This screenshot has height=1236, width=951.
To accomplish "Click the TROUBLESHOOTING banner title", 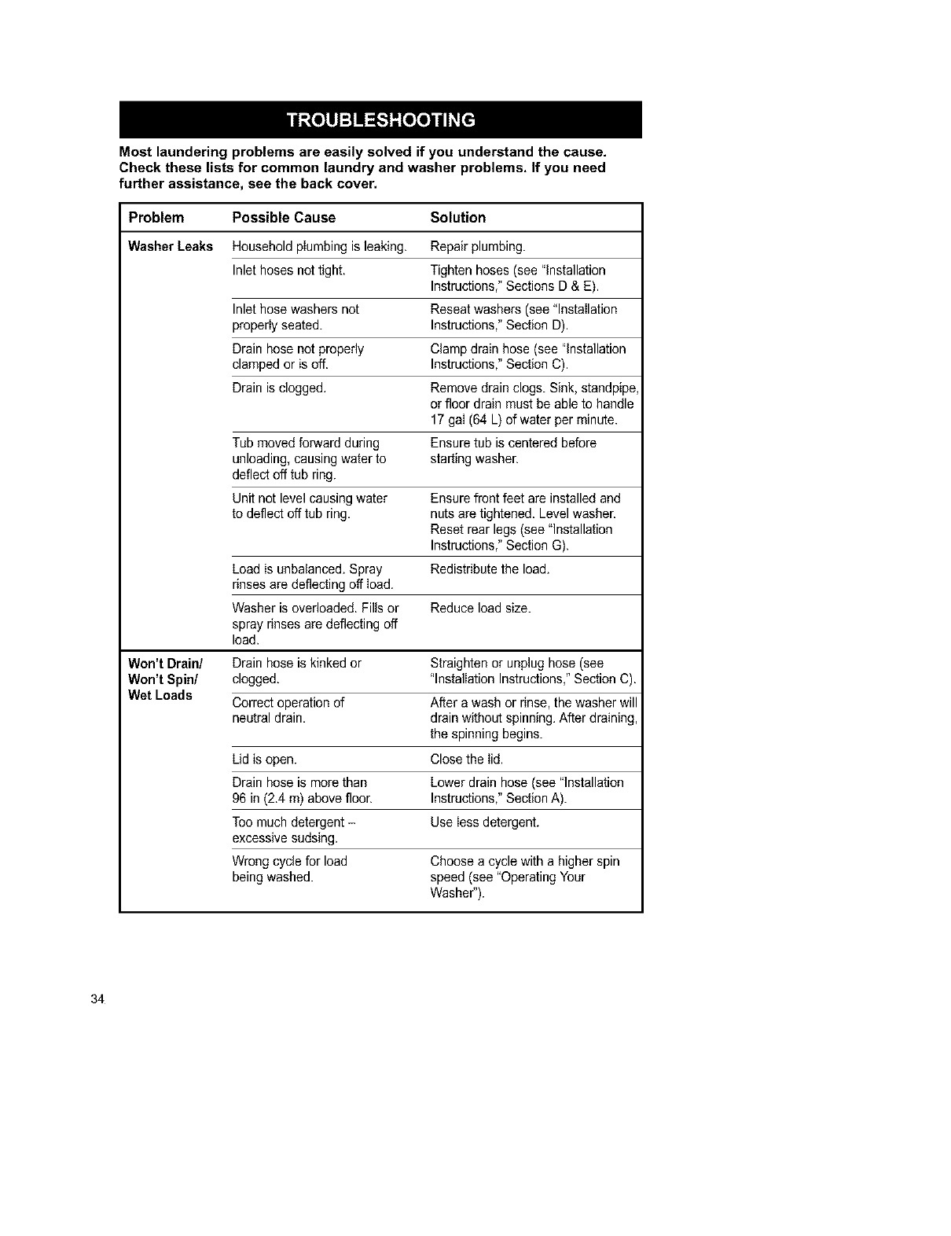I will point(380,120).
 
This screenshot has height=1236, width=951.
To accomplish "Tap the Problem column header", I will point(156,218).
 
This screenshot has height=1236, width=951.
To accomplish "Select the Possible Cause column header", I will point(284,218).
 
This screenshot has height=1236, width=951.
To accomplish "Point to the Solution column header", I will point(458,218).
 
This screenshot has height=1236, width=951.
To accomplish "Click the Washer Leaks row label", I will point(171,247).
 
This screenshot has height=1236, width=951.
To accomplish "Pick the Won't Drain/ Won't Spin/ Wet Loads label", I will point(160,679).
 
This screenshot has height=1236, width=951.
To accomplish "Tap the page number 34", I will point(97,999).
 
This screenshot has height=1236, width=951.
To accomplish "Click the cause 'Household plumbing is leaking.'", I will point(319,247).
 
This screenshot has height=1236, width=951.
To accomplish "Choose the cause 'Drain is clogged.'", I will point(279,388).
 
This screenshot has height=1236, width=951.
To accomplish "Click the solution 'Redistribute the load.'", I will point(490,569).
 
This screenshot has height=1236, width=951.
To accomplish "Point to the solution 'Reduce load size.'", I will point(481,609).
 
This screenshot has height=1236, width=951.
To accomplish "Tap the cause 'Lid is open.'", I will point(265,760).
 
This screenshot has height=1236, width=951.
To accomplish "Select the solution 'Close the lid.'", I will point(467,760).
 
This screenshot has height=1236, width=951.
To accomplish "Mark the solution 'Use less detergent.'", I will point(485,822).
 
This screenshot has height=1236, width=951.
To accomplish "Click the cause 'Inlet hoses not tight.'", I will point(289,270).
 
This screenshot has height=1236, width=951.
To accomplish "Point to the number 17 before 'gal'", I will point(438,420).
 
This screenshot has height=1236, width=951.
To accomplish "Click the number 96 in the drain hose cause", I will point(240,799).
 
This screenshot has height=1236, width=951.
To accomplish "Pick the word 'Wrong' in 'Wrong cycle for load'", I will point(251,862).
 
